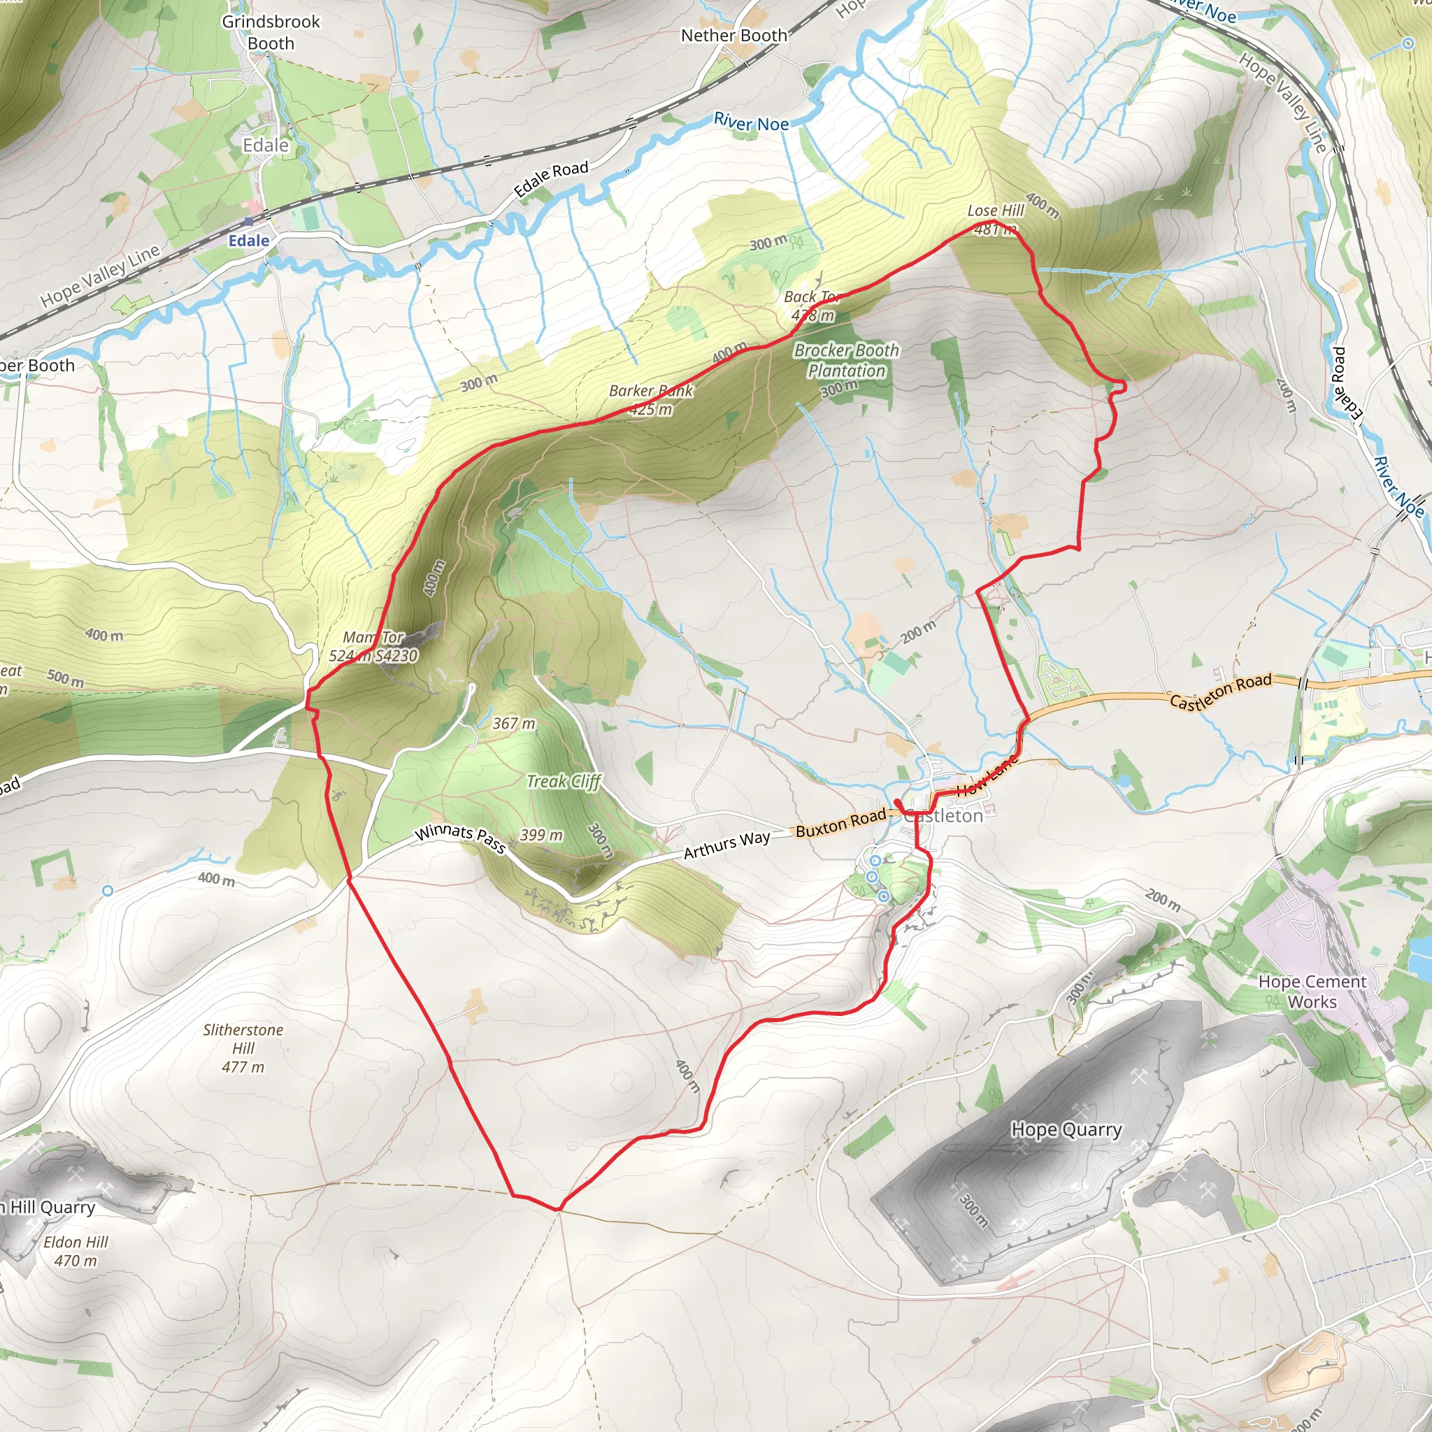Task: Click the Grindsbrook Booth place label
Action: pos(271,33)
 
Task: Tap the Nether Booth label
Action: pos(733,36)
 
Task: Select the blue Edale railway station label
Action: pos(248,241)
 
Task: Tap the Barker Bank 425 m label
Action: pos(651,400)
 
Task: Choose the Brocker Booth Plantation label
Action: pos(847,361)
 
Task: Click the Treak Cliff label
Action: pos(564,781)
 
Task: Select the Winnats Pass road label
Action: pos(460,838)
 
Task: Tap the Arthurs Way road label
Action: pos(726,845)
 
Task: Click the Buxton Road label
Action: pos(840,823)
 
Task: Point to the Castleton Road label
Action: pos(1220,692)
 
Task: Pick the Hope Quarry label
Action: pos(1066,1130)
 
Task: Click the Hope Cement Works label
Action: pos(1312,991)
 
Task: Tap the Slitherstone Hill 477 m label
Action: pos(243,1048)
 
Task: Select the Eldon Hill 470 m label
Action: pos(76,1251)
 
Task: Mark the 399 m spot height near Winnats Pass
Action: pos(541,836)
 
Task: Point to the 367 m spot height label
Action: pos(514,724)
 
